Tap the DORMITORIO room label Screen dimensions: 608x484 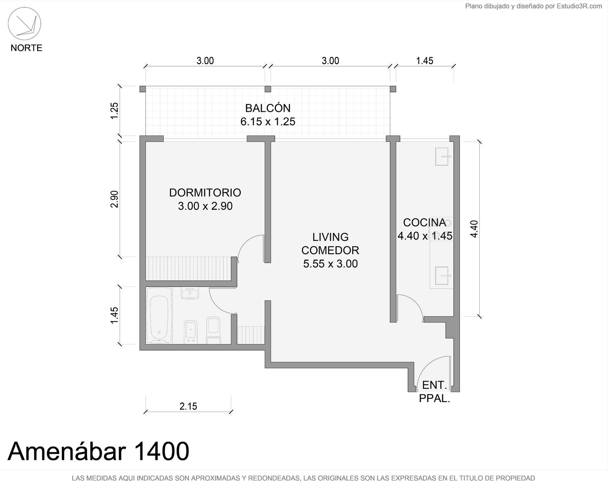click(x=205, y=193)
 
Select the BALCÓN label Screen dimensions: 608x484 click(x=268, y=108)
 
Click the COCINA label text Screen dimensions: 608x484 click(x=424, y=223)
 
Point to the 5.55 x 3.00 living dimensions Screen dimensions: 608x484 click(x=330, y=264)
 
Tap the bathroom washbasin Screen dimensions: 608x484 click(x=190, y=293)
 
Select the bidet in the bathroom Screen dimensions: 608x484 click(x=190, y=331)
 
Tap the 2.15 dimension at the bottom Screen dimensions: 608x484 click(x=188, y=406)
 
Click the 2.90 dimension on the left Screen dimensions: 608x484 click(x=114, y=199)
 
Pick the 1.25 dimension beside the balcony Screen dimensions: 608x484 click(x=114, y=111)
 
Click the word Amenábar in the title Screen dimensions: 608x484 click(x=67, y=451)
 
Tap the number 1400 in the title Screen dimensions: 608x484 click(x=161, y=451)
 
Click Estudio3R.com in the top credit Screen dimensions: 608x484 click(x=579, y=6)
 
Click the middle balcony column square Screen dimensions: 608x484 click(x=268, y=89)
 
